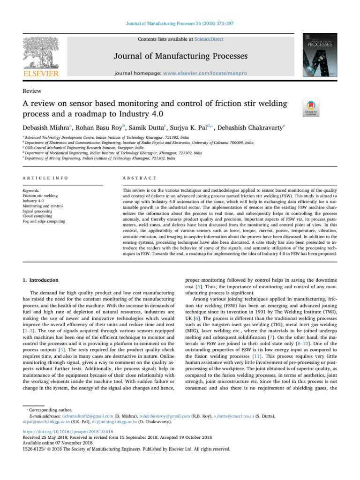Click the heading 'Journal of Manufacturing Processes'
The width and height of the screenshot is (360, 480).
tap(180, 57)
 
